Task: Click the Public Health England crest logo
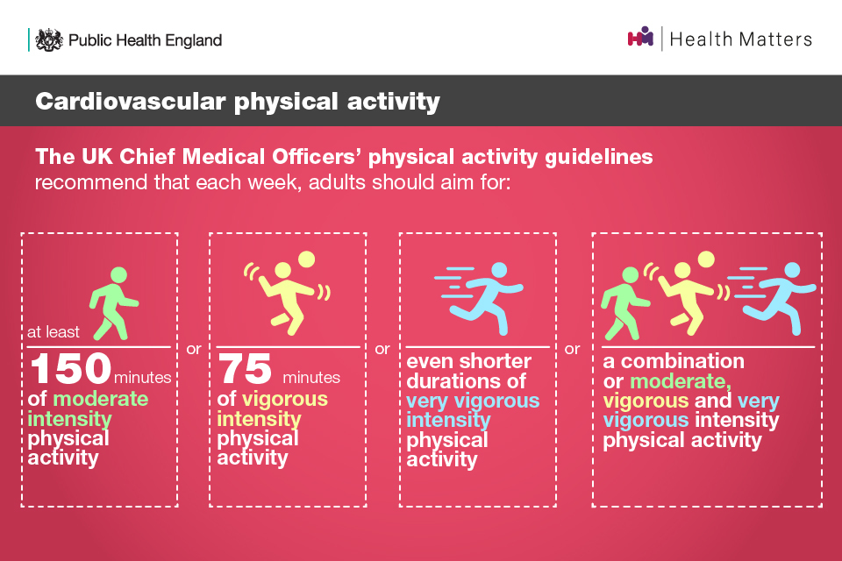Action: (49, 39)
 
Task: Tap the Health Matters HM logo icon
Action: (640, 37)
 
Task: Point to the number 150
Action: (71, 368)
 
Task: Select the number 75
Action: (245, 369)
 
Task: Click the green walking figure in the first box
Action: (114, 303)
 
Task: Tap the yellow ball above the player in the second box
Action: (307, 259)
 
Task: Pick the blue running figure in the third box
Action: (479, 298)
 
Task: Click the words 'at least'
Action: (54, 331)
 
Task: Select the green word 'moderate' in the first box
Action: (100, 399)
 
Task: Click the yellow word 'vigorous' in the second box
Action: (284, 399)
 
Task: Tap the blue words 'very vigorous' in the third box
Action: (473, 401)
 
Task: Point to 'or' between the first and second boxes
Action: (194, 349)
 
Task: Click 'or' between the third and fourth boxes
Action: (573, 349)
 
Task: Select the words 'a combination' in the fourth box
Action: (674, 361)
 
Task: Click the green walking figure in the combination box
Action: (625, 303)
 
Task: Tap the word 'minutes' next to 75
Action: (311, 378)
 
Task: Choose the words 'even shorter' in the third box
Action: (468, 361)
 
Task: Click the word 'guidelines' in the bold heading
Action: (599, 157)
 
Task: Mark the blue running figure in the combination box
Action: (772, 298)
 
